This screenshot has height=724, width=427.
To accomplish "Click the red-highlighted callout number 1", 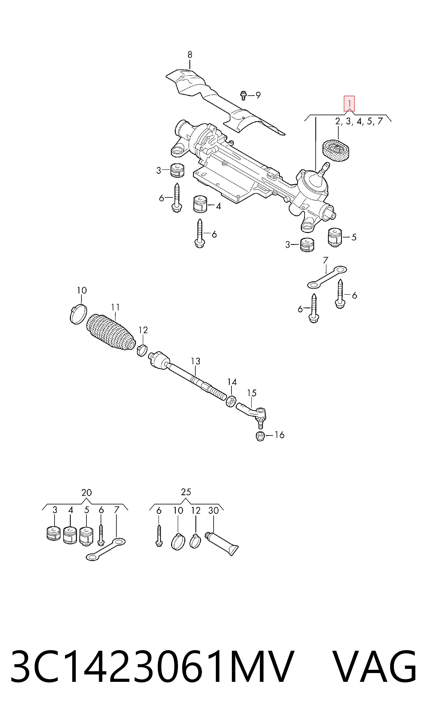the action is click(349, 104).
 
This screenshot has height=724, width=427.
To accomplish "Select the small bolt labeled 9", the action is click(243, 95).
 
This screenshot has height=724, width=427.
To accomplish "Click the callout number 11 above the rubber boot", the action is click(115, 307).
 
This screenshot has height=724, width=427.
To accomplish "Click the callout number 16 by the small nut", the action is click(279, 435).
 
